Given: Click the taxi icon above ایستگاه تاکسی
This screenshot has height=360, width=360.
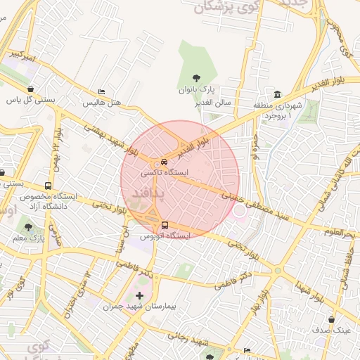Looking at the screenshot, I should [164, 160].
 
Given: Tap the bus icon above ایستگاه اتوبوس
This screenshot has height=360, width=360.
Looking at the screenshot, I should [165, 225].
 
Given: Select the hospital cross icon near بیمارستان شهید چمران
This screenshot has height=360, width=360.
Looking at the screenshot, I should [139, 296].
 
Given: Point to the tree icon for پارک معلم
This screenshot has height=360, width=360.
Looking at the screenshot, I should [28, 227].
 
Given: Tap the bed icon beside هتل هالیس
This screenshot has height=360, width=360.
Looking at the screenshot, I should [102, 92].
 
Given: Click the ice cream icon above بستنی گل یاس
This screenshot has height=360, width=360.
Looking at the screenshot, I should [31, 89].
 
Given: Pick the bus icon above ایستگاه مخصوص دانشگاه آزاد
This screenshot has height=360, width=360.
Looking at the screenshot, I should [48, 186].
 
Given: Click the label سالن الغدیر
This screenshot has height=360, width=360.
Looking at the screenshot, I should [215, 103].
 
